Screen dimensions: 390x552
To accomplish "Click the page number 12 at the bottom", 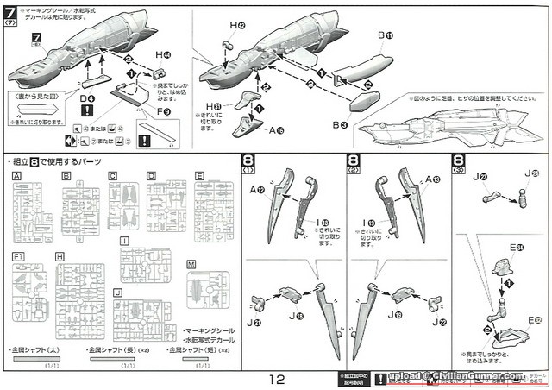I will [275, 378].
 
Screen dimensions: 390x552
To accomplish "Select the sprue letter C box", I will [112, 175].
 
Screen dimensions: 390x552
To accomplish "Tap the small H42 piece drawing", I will [229, 45].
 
